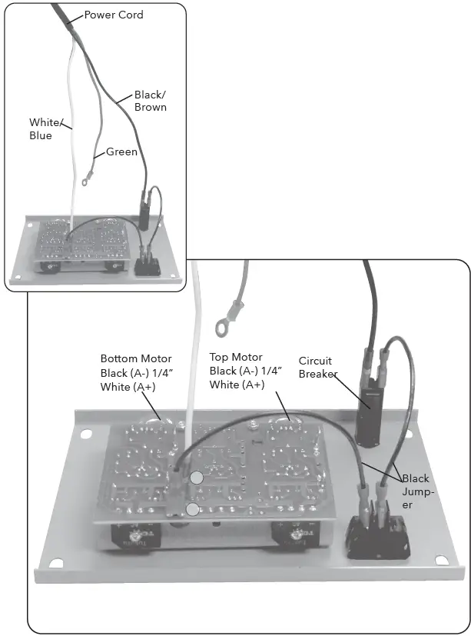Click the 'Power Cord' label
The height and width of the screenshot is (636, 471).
click(x=113, y=15)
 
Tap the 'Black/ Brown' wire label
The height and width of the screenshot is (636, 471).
click(x=150, y=101)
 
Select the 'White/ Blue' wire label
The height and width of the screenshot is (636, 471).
click(x=41, y=129)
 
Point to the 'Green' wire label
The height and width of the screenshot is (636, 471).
click(x=121, y=152)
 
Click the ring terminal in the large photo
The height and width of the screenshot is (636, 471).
click(x=224, y=328)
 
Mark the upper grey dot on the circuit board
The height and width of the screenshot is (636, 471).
click(x=197, y=478)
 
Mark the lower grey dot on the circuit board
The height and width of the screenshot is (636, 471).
click(x=193, y=509)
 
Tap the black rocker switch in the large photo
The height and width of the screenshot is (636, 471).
click(x=376, y=536)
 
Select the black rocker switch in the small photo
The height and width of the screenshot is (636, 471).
click(x=147, y=266)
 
